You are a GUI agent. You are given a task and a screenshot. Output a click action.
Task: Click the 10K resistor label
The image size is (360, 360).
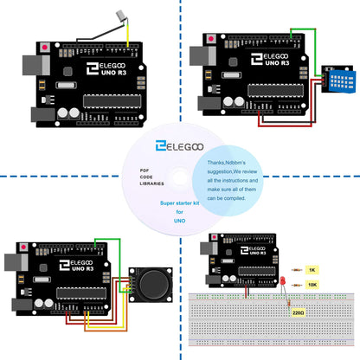click(x=312, y=284)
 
